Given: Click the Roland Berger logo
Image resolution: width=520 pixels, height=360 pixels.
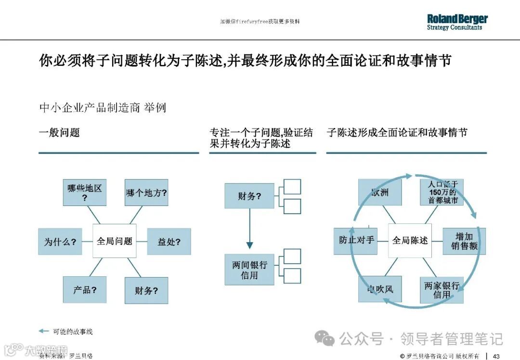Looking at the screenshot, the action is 457,22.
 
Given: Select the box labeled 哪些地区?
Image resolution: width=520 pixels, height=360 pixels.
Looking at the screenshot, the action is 85,193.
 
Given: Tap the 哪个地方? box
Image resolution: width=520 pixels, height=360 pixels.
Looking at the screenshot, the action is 146,193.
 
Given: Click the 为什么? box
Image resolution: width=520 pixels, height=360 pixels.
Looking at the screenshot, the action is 60,242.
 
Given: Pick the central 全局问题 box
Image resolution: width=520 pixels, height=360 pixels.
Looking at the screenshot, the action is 115,241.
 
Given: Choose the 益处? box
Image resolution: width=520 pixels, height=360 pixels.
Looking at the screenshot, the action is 169,242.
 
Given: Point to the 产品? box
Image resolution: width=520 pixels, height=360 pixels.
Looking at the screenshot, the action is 85,290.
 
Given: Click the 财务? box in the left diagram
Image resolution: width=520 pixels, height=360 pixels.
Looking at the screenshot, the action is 146,290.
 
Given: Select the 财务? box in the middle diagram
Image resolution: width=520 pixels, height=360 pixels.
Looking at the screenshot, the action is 249,196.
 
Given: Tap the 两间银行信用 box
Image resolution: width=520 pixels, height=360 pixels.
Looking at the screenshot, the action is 249,270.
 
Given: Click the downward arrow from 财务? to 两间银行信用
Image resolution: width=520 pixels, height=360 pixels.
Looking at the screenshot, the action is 249,231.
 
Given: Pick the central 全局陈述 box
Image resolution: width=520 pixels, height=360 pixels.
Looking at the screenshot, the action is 410,240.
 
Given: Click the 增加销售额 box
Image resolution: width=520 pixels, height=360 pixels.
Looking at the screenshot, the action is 464,241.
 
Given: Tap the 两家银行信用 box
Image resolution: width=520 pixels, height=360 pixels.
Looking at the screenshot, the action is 442,290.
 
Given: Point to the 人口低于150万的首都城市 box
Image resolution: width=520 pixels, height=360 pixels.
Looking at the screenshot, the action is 442,192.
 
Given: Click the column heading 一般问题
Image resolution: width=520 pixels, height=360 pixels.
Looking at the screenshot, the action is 59,133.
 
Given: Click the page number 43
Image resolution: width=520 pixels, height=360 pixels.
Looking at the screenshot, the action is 496,356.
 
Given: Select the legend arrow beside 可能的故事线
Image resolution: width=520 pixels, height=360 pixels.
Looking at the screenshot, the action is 44,331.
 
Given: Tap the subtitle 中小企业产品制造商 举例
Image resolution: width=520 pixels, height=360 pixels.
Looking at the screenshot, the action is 103,107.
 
